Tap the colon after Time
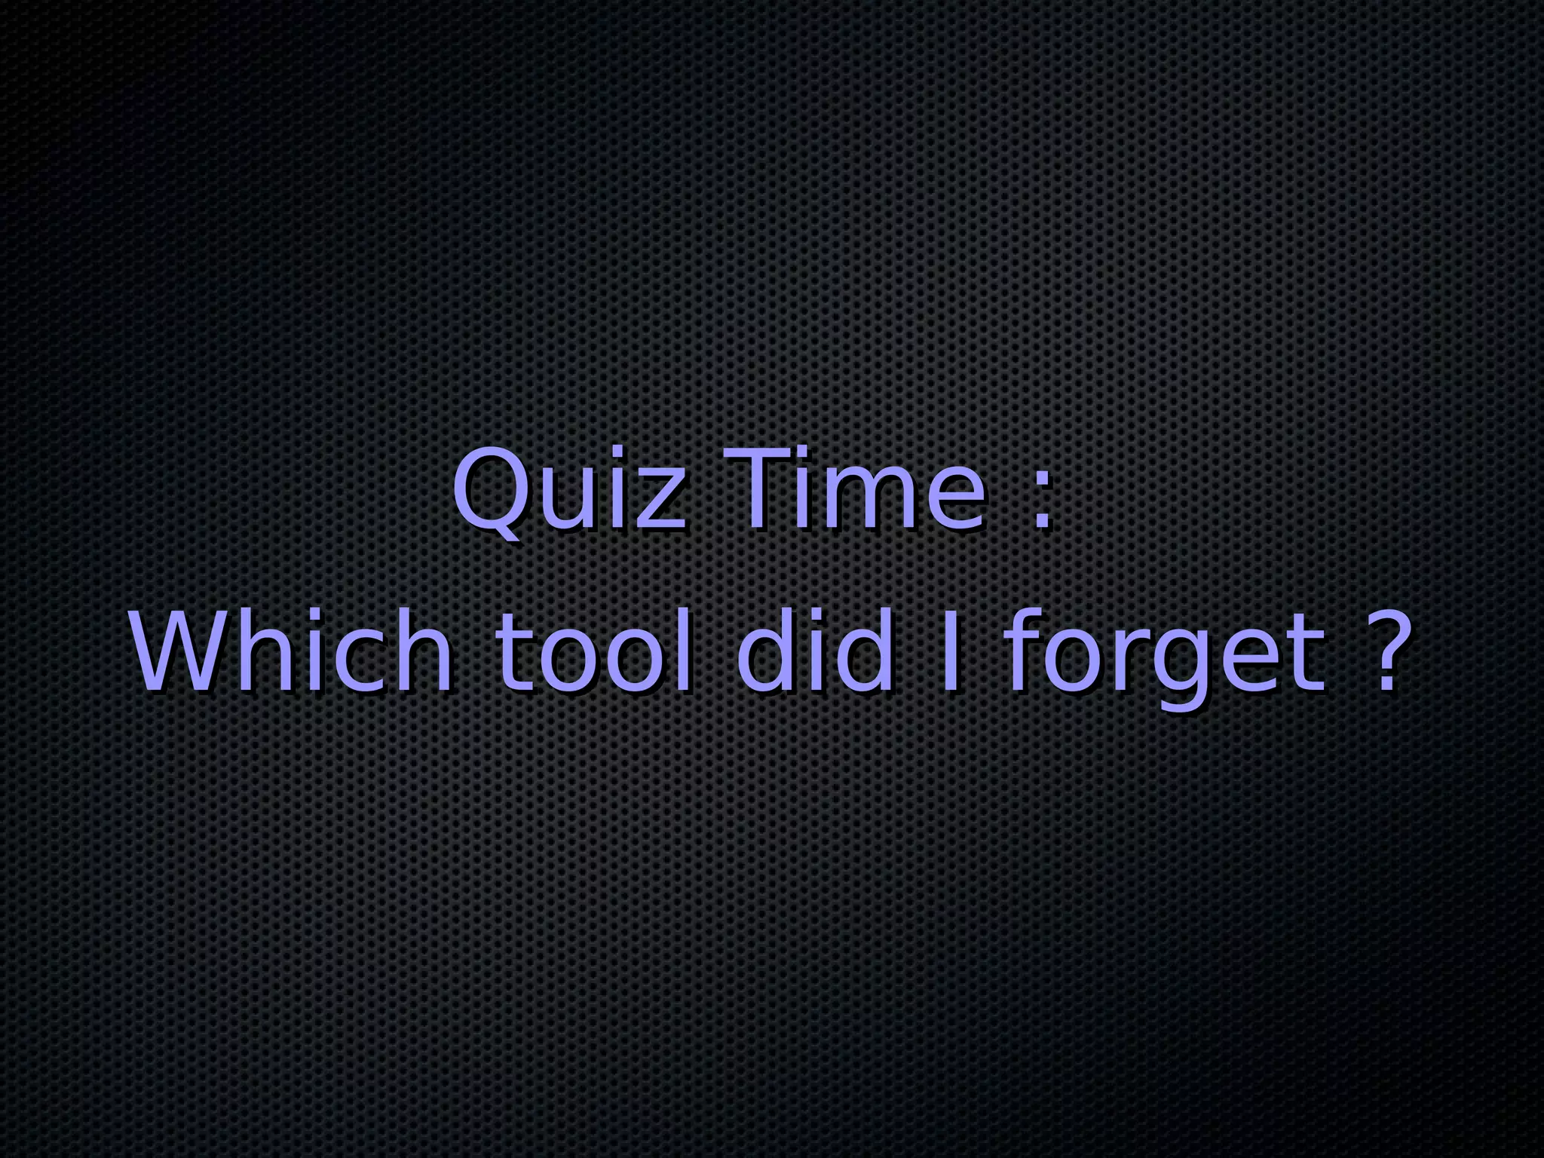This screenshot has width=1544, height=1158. [1042, 501]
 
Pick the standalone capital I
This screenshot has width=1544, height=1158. [951, 651]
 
